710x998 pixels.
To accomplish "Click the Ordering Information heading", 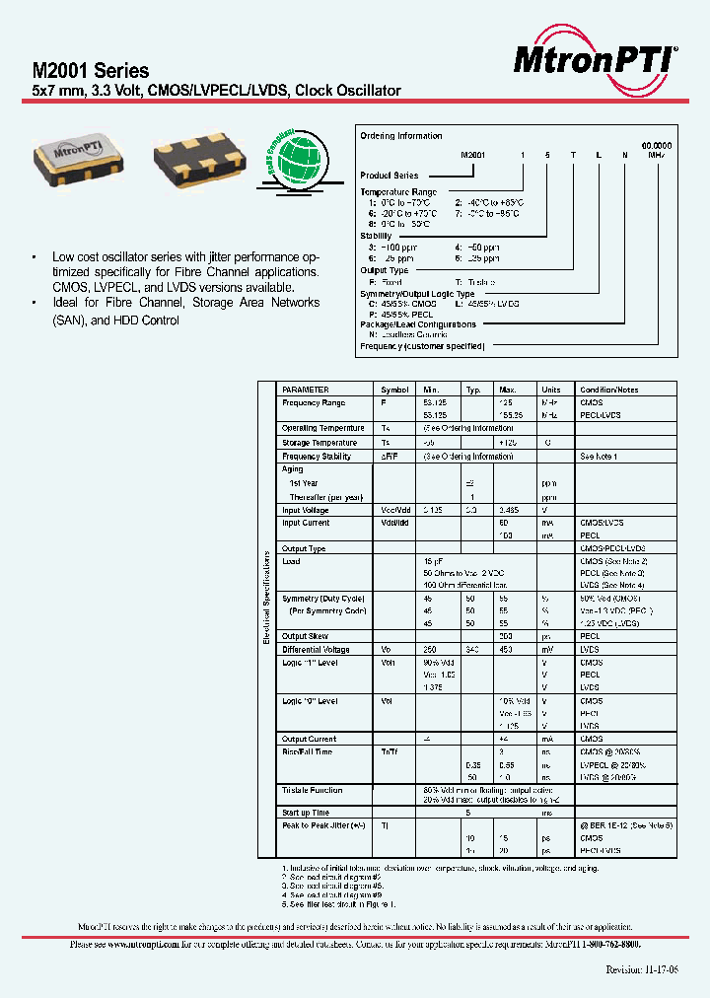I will pos(401,136).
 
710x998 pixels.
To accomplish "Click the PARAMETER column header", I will pos(306,390).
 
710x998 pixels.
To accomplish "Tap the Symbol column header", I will pos(394,390).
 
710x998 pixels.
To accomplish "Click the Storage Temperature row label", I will pos(320,444).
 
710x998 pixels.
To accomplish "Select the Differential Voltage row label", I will pos(315,650).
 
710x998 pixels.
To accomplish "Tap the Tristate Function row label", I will pos(313,791).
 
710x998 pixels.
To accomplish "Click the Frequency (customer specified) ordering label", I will pos(422,346).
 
